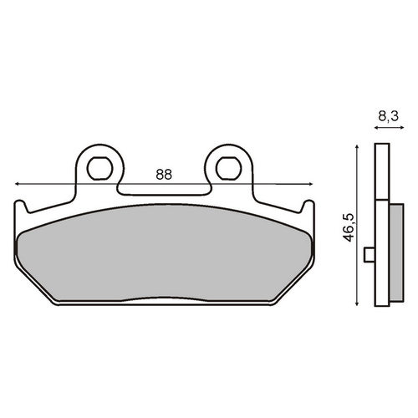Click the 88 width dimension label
[164, 175]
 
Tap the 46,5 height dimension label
[349, 227]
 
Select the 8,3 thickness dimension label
[389, 116]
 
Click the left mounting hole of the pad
[99, 168]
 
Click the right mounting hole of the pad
[228, 168]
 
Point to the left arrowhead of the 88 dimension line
[17, 184]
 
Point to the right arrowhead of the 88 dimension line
[311, 184]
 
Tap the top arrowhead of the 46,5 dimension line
[357, 146]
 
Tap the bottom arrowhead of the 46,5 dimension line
[357, 303]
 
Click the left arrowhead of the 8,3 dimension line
[375, 128]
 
